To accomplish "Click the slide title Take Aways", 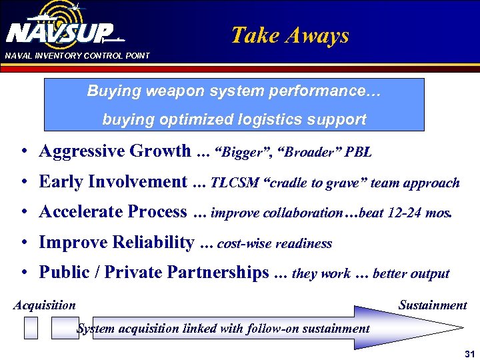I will (289, 35).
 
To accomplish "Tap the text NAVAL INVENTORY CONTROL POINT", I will (77, 56).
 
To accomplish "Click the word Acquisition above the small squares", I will (45, 305).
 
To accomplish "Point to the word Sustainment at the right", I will (432, 305).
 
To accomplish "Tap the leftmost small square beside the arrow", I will (31, 327).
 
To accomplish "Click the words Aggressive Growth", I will (115, 151).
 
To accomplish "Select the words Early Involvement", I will (113, 181).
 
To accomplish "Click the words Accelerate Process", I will (113, 212).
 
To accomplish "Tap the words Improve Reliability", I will (117, 243).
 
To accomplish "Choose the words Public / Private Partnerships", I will (154, 273).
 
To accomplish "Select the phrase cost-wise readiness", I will (275, 244).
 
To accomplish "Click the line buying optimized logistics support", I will (234, 119).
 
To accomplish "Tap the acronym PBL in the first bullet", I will (358, 153).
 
